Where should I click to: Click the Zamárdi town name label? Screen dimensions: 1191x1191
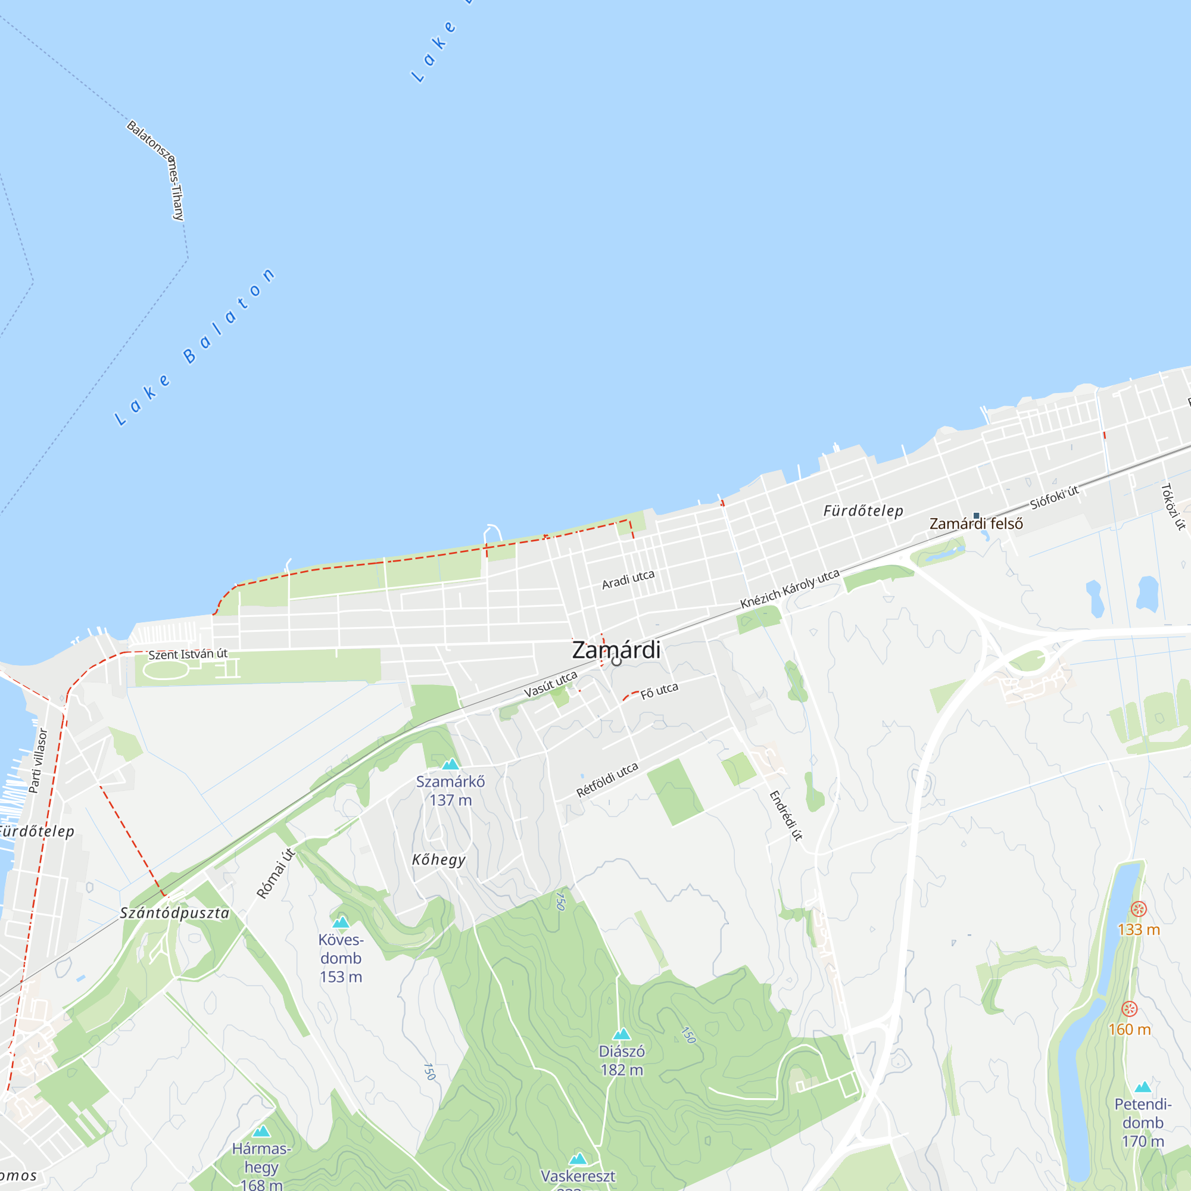(x=616, y=650)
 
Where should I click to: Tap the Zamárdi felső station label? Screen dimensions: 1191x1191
(x=976, y=523)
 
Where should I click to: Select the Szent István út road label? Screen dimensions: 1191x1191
(x=188, y=654)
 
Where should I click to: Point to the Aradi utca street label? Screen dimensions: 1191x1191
(x=628, y=579)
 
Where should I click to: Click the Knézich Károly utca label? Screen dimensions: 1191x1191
(x=790, y=589)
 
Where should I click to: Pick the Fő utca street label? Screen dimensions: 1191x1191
(x=659, y=691)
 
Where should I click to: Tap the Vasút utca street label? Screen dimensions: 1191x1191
(x=550, y=684)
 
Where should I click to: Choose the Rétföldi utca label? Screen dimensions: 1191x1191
(x=607, y=780)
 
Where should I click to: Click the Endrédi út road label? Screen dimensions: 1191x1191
(x=786, y=816)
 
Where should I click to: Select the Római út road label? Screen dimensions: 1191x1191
(x=276, y=874)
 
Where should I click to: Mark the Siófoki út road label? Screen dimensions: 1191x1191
(x=1054, y=497)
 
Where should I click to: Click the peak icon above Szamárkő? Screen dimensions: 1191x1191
(x=451, y=765)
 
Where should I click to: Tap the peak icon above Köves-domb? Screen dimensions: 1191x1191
(x=341, y=922)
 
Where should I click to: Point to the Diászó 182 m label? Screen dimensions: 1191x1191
(x=622, y=1061)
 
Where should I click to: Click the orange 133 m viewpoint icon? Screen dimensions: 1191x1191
(x=1139, y=909)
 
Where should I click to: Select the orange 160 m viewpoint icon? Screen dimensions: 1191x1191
(x=1129, y=1009)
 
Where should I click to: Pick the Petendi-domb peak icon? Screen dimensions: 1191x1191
(x=1143, y=1087)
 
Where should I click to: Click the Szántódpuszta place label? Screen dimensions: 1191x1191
(x=174, y=913)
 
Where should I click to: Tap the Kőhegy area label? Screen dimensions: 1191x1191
(x=439, y=860)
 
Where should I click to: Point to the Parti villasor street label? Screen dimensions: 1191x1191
(x=38, y=760)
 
